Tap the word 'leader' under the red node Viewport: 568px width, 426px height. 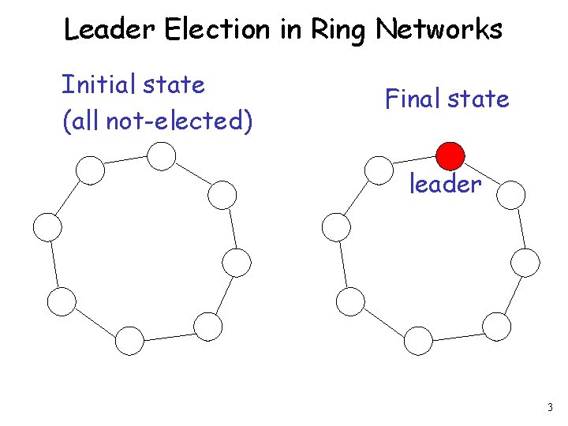point(445,185)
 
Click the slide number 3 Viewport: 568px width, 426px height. point(549,408)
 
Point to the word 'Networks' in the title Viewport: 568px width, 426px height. point(439,30)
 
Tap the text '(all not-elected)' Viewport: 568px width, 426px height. point(157,121)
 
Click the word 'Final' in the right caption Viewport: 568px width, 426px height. point(413,99)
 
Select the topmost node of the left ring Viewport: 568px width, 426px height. point(161,156)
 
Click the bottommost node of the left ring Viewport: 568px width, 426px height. point(129,340)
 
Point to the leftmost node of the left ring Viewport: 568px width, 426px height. point(47,227)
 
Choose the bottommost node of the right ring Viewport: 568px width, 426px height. point(418,340)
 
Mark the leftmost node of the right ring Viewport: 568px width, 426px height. point(335,227)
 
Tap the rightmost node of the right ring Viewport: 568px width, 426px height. point(525,261)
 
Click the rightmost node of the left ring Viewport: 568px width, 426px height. point(237,261)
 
